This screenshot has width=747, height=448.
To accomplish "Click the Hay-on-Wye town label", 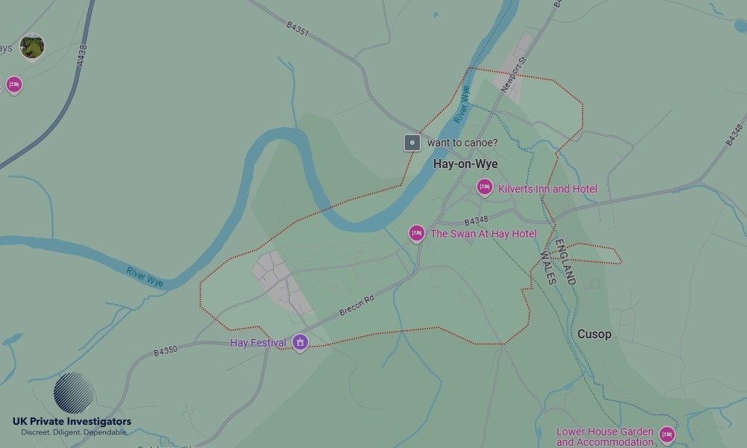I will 465,164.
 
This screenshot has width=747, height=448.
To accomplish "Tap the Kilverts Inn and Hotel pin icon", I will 485,187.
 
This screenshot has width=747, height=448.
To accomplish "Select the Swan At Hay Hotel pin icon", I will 417,233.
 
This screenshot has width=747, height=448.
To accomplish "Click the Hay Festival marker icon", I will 300,342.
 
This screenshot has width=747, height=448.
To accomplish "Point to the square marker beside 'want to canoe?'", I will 412,143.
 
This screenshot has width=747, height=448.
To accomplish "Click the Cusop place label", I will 594,335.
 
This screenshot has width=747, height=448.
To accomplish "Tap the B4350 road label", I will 166,350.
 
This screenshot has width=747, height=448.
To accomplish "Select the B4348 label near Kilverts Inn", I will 476,222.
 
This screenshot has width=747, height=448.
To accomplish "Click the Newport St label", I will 514,75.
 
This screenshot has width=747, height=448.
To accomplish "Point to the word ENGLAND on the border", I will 565,262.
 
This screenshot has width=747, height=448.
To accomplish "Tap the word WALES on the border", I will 548,267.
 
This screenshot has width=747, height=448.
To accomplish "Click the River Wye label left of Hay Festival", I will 144,276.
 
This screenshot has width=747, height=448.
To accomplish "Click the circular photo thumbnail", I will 32,46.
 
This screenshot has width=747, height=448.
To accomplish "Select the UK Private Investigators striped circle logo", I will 73,393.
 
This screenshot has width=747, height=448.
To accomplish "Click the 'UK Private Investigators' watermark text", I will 72,422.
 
